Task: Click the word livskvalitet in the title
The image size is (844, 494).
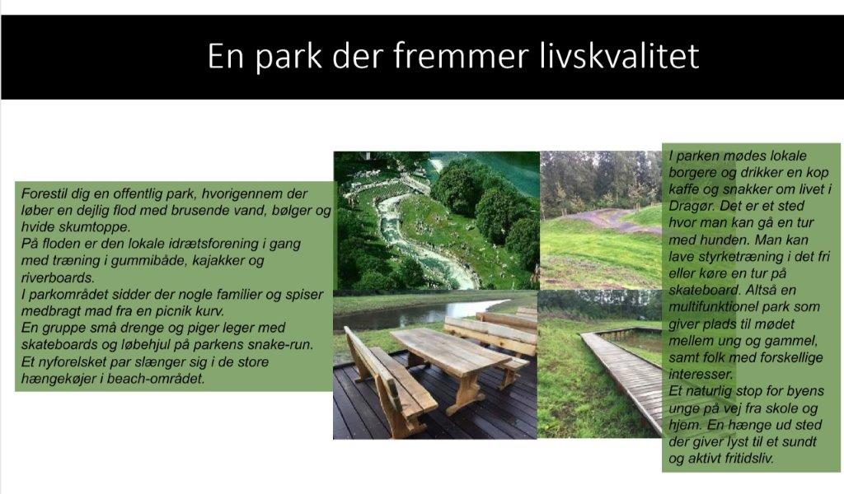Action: coord(619,55)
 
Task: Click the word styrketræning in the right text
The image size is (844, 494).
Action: coord(732,257)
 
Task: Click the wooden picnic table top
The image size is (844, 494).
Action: coord(449,349)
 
